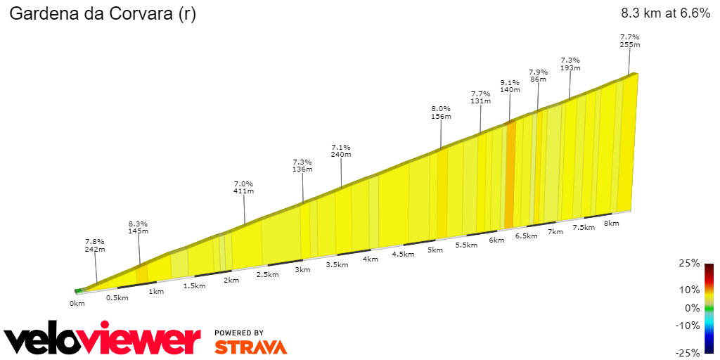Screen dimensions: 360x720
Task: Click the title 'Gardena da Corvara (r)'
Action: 102,15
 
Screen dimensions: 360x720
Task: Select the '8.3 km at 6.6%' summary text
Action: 665,13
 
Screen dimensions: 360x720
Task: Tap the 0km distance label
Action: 77,304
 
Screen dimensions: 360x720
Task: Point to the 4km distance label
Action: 371,259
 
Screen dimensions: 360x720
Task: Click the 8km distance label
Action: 611,224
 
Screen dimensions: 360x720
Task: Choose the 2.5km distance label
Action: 267,274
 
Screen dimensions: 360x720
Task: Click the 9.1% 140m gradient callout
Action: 510,86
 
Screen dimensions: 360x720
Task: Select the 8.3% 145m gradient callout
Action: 139,227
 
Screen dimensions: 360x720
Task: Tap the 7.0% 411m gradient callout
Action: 244,186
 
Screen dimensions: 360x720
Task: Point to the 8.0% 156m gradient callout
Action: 441,112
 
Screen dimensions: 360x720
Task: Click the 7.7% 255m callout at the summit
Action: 629,41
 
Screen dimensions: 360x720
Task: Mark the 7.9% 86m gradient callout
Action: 538,75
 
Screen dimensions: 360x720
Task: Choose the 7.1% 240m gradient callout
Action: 341,150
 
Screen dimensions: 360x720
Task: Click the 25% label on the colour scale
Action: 690,264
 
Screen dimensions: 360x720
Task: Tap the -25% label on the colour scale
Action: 688,352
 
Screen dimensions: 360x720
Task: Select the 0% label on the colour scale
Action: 692,308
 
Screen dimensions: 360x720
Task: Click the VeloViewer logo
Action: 102,340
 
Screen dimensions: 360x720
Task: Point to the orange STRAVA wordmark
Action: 250,347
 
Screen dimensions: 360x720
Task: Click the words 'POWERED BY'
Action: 239,333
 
